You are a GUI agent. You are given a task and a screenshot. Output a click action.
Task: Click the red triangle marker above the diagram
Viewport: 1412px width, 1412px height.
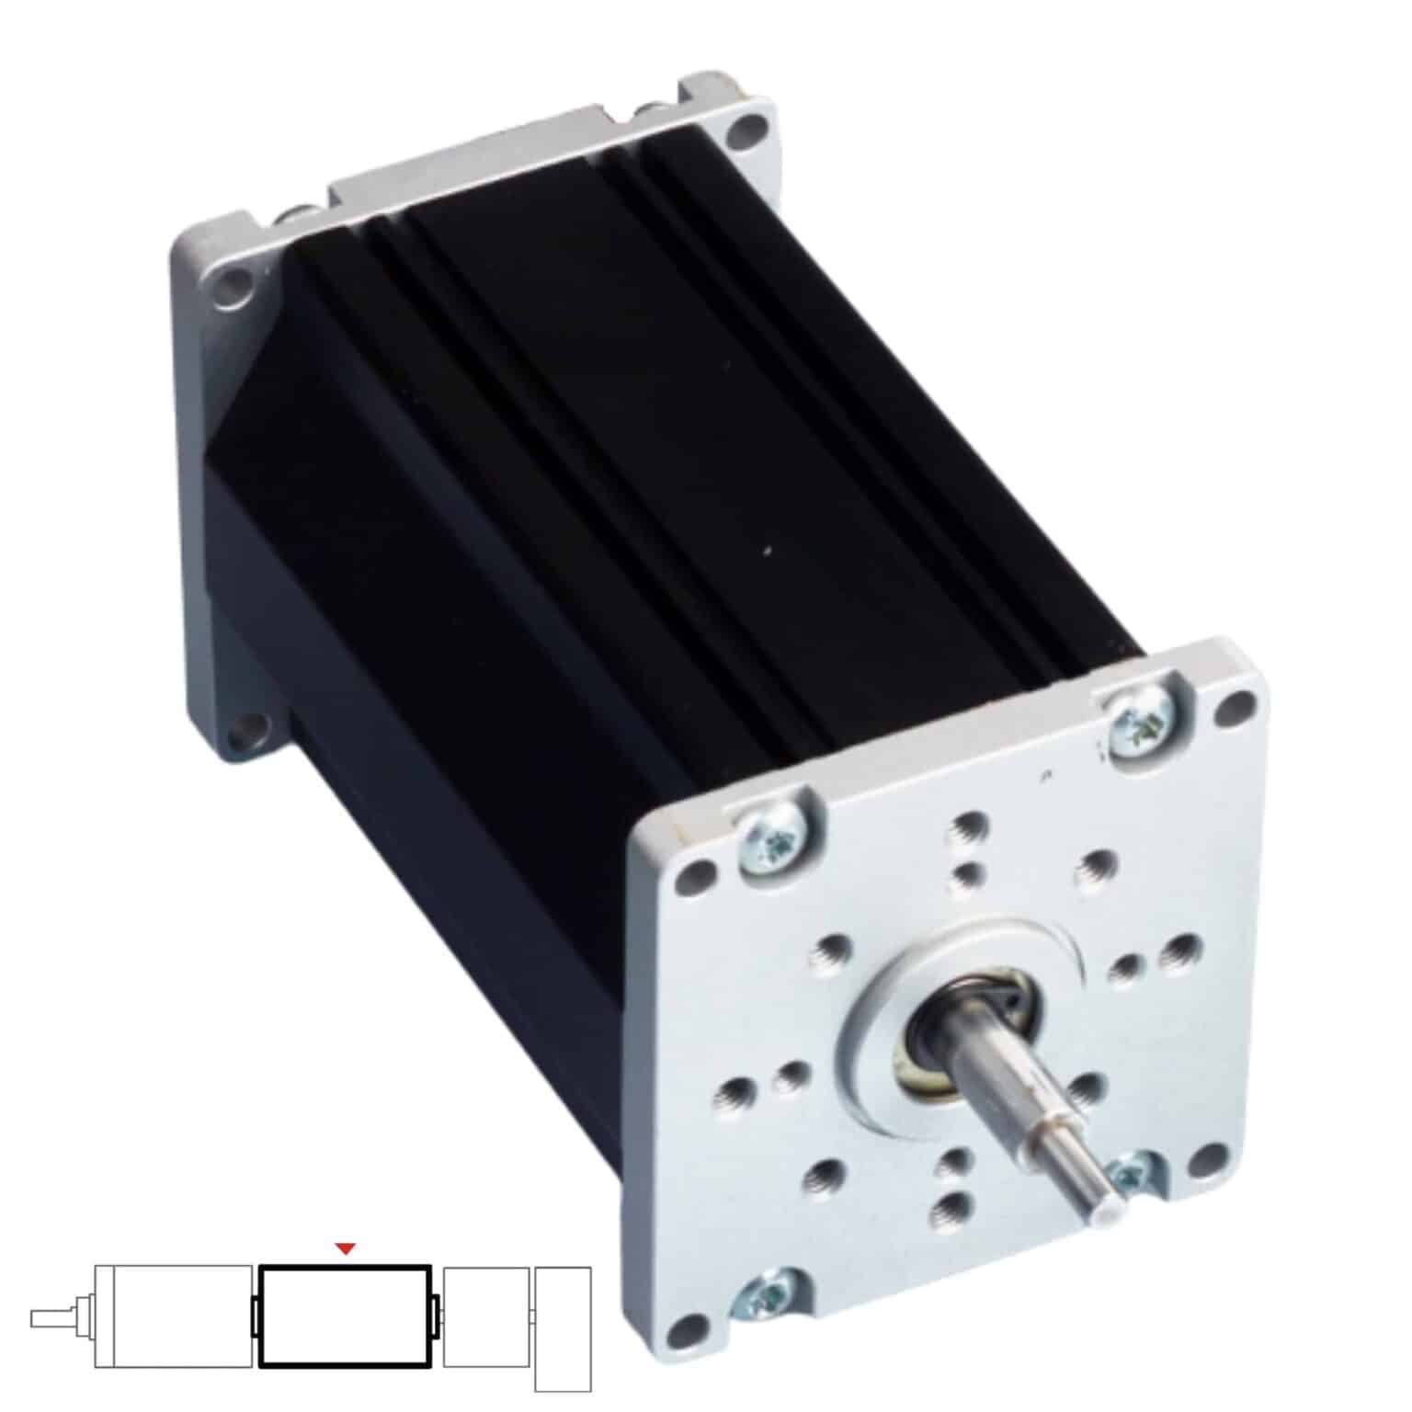point(345,1247)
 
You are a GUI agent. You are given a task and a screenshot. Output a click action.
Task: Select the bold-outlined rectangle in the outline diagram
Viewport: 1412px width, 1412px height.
point(345,1317)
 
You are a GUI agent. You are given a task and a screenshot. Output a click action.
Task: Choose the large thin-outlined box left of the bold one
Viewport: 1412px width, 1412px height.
point(174,1316)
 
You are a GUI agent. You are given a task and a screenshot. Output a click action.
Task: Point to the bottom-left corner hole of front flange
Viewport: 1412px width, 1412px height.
point(682,1328)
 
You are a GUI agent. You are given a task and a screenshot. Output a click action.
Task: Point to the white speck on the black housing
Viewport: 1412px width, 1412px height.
point(766,552)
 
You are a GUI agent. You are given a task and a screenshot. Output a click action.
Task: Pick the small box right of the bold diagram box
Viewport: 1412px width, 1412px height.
point(485,1317)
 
